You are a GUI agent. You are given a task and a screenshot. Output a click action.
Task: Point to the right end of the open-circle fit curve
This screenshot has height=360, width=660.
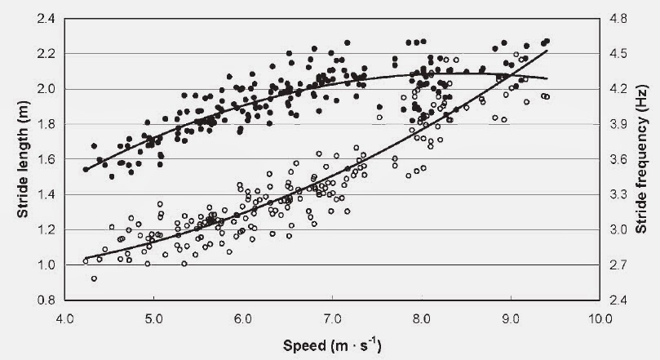tap(547, 51)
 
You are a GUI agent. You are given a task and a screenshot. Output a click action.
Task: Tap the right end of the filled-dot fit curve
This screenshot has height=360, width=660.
tap(547, 78)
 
